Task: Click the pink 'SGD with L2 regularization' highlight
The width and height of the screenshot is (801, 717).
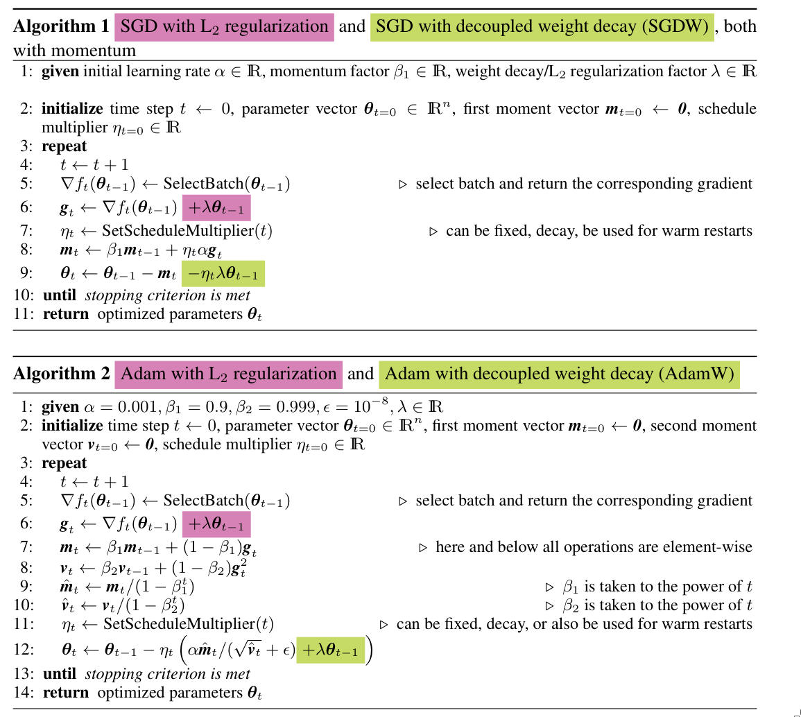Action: tap(224, 27)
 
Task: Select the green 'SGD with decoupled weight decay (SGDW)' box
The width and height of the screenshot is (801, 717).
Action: tap(542, 27)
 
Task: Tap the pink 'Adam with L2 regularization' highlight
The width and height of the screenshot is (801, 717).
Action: tap(228, 374)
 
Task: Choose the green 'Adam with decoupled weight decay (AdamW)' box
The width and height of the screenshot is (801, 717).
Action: tap(559, 374)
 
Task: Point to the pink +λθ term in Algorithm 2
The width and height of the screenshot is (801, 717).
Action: tap(216, 523)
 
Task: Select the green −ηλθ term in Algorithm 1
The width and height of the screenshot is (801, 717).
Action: tap(223, 275)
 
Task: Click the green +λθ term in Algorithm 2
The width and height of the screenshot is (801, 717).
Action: tap(330, 652)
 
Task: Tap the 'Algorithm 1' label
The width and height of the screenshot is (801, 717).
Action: tap(61, 27)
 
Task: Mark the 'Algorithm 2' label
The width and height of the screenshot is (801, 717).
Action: tap(61, 374)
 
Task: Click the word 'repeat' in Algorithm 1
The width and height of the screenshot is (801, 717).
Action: tap(64, 146)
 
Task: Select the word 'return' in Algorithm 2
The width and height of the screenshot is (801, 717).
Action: tap(66, 692)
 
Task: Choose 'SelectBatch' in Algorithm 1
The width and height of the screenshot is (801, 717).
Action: tap(198, 184)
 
